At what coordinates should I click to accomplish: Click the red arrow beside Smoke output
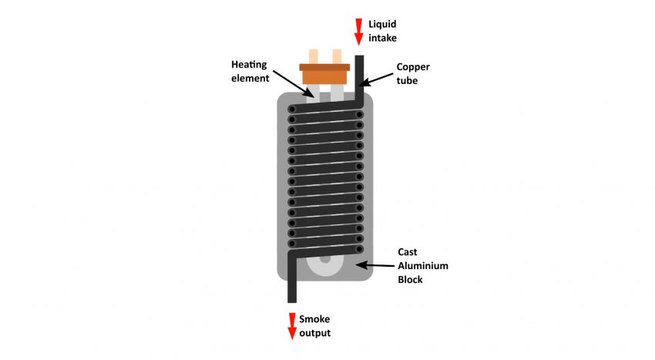[x=292, y=326]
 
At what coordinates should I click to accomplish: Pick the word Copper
[x=414, y=66]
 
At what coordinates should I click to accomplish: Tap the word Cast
[x=408, y=252]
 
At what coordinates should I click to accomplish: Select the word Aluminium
[x=422, y=266]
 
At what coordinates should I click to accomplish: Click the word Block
[x=411, y=280]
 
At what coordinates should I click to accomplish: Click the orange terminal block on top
[x=324, y=73]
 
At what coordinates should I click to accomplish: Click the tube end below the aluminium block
[x=292, y=297]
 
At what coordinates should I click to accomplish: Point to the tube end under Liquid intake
[x=358, y=60]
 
